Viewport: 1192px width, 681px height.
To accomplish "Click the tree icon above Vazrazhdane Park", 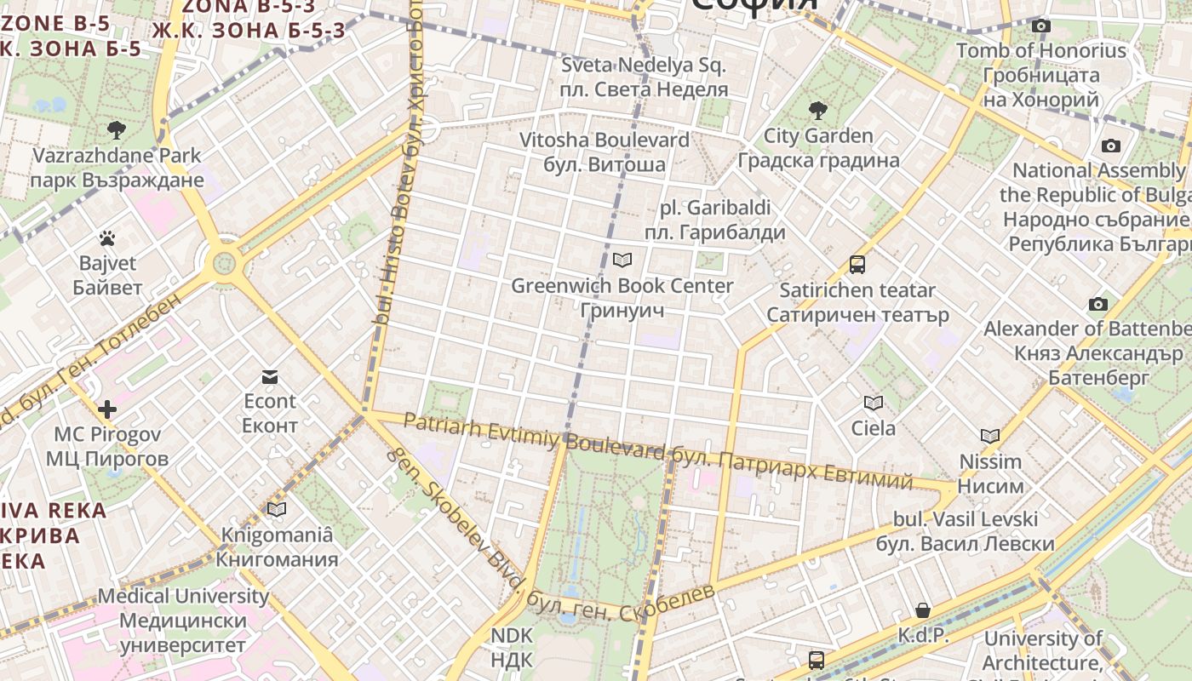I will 117,130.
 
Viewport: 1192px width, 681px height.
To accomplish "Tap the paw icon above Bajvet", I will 107,238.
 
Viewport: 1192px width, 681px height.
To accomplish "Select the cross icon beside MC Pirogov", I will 107,409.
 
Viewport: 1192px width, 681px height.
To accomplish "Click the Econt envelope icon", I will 270,377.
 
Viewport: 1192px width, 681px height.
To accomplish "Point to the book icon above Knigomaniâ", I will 277,509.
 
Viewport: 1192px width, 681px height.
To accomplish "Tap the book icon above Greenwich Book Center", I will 622,260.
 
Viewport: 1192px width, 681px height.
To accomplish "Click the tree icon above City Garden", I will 818,110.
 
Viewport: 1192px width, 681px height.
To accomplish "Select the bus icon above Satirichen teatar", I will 857,265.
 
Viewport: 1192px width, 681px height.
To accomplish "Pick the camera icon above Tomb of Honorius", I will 1041,26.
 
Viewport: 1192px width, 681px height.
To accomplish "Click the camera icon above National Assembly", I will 1111,146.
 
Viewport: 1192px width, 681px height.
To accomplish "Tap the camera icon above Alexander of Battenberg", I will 1098,304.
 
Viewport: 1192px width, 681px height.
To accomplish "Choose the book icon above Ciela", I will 874,403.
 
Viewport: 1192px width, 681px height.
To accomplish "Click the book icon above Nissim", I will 989,437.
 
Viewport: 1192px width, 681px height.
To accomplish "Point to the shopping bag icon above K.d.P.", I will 923,610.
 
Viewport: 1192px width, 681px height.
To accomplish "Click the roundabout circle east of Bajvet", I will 225,262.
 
